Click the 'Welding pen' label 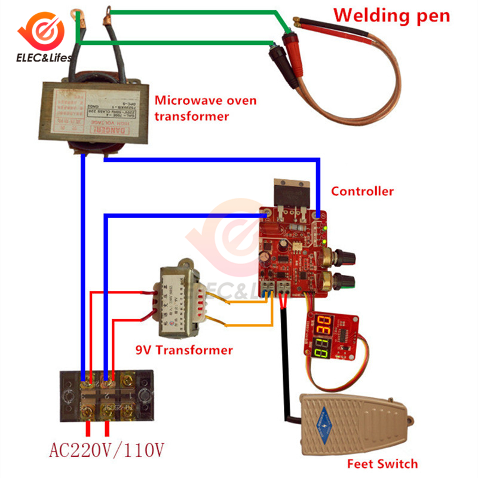coord(391,15)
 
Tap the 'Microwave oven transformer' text coord(192,108)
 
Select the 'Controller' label coord(362,191)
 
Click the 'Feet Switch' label coord(382,463)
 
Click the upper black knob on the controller coord(345,258)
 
